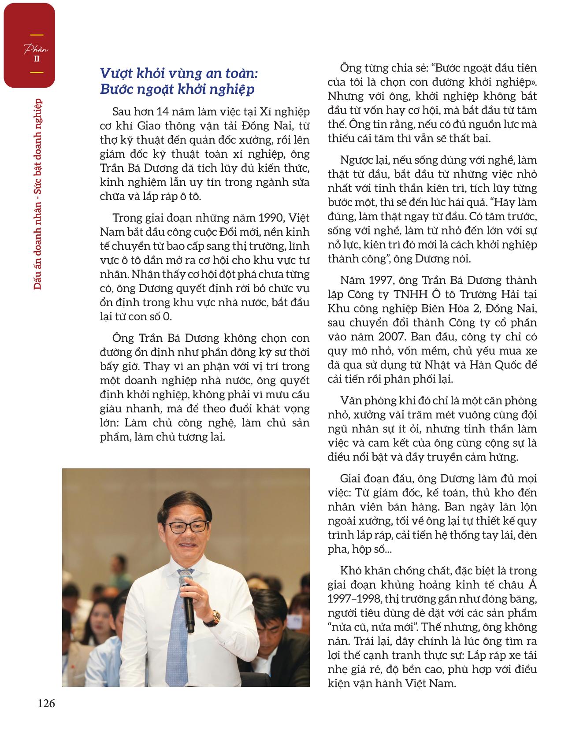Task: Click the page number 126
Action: [46, 704]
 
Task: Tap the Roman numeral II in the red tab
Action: [37, 58]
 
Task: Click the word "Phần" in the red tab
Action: [36, 48]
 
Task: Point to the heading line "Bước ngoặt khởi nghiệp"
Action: [177, 89]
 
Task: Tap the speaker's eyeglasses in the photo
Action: [188, 527]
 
